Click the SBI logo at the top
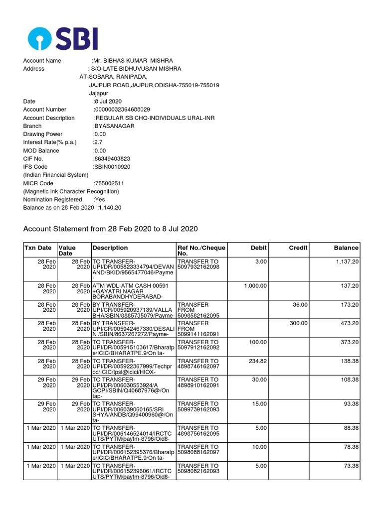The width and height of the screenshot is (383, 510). [62, 38]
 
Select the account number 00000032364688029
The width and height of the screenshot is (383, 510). [122, 110]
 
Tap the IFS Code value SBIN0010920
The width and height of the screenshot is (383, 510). [112, 167]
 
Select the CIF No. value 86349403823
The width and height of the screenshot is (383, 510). [112, 159]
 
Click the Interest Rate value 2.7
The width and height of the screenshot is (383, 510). [98, 142]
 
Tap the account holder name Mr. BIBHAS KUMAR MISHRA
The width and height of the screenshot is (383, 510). [129, 61]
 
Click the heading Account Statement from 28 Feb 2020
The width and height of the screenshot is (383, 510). [111, 229]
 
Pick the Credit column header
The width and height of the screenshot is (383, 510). [298, 248]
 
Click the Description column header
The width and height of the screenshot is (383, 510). [110, 248]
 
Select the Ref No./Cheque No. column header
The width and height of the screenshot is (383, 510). [201, 251]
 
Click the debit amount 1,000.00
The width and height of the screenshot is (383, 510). [256, 285]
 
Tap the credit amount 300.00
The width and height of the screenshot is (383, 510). [299, 323]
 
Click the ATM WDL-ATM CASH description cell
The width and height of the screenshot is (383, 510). [133, 289]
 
